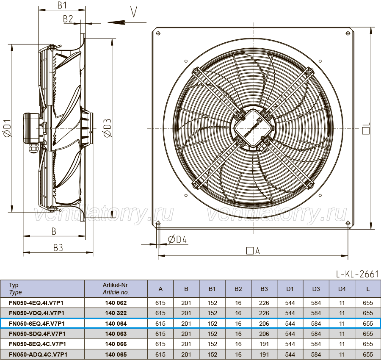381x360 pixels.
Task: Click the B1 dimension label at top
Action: pyautogui.click(x=62, y=5)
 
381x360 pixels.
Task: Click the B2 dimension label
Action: pyautogui.click(x=68, y=19)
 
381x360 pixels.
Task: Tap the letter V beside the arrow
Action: pyautogui.click(x=134, y=12)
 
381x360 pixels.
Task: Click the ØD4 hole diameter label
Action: pyautogui.click(x=177, y=239)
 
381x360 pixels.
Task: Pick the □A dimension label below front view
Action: pyautogui.click(x=253, y=251)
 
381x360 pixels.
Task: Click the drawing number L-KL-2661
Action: pyautogui.click(x=357, y=274)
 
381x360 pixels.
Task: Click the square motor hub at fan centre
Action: pyautogui.click(x=252, y=128)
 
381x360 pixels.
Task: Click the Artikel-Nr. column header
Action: pyautogui.click(x=116, y=288)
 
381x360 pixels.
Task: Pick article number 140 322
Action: pyautogui.click(x=116, y=313)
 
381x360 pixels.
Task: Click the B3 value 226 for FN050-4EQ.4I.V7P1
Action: pyautogui.click(x=264, y=303)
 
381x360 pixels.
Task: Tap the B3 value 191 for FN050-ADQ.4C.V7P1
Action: pyautogui.click(x=264, y=354)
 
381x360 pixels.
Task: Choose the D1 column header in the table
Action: pyautogui.click(x=290, y=289)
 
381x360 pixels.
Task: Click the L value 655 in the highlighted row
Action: pyautogui.click(x=368, y=324)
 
